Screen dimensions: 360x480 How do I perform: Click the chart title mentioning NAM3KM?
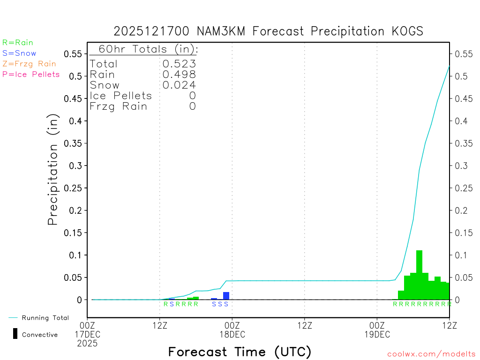coord(269,31)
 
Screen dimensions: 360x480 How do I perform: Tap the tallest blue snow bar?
coord(226,296)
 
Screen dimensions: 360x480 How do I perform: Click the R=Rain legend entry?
coord(18,43)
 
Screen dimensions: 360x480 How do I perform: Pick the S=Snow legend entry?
coord(19,53)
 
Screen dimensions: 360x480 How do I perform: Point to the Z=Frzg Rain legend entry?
coord(29,64)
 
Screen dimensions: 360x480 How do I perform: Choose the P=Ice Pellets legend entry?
coord(31,74)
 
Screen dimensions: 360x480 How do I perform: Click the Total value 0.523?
coord(179,64)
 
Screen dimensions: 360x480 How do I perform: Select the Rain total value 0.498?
coord(179,75)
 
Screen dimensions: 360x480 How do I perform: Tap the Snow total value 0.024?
coord(179,85)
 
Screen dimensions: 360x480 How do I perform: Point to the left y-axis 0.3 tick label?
coord(76,165)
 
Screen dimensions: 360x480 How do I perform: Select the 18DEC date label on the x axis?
coord(232,335)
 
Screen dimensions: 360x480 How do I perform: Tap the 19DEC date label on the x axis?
coord(377,335)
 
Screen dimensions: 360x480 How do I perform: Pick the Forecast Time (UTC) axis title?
coord(240,352)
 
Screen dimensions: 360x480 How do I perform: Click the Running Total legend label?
coord(45,318)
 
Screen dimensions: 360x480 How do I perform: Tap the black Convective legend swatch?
coord(15,334)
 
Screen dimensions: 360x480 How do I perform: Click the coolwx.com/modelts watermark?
coord(431,354)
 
